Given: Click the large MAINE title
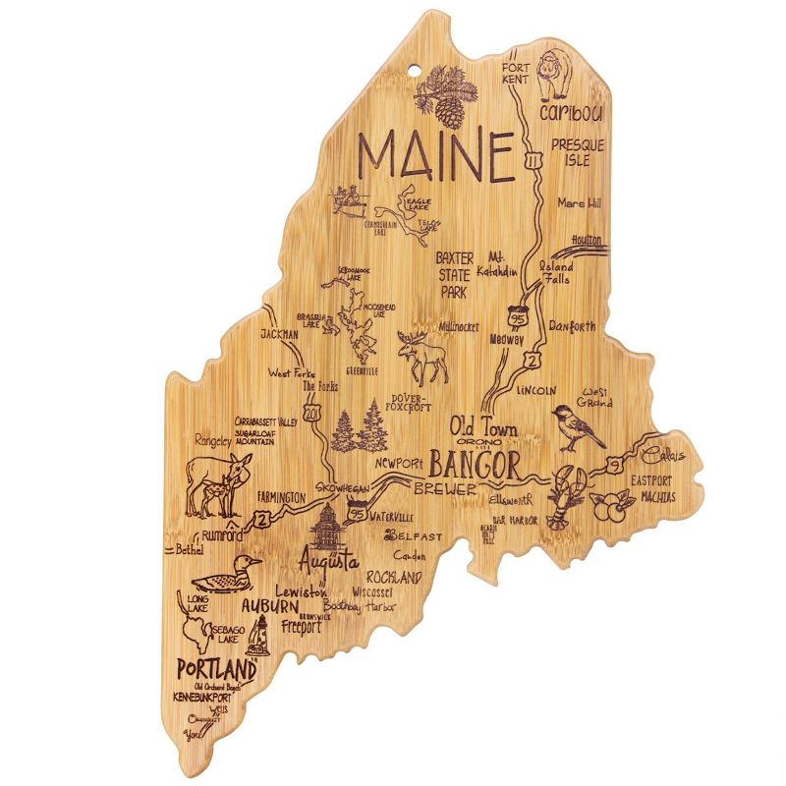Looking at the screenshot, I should click(x=436, y=155).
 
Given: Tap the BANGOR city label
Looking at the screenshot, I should click(x=475, y=462).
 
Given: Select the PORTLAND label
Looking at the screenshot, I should click(x=216, y=668).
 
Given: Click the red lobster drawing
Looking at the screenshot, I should click(x=567, y=496).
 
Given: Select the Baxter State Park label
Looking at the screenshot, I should click(x=454, y=274).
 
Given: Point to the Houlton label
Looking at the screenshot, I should click(x=585, y=239).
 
